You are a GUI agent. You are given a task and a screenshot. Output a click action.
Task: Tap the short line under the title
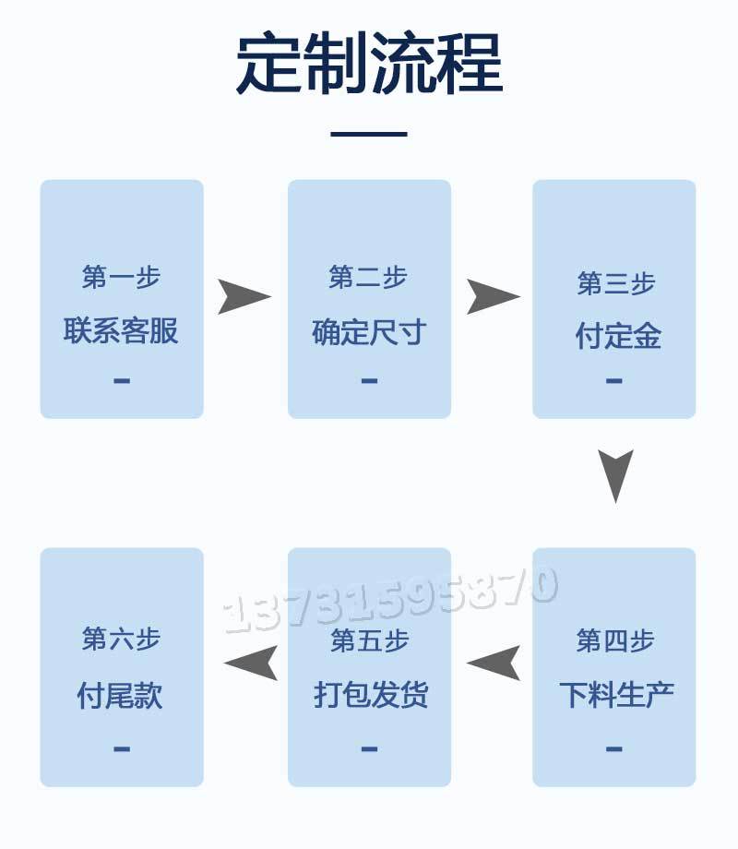click(x=369, y=135)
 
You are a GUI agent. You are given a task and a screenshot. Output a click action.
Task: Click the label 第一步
click(x=122, y=277)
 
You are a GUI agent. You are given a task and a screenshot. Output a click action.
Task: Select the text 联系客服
click(x=122, y=330)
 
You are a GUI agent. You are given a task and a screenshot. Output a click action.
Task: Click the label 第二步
click(x=369, y=277)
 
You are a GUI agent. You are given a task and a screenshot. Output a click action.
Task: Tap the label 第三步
click(x=615, y=283)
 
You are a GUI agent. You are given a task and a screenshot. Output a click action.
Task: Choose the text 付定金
click(x=615, y=336)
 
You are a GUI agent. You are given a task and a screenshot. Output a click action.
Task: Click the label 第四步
click(x=615, y=640)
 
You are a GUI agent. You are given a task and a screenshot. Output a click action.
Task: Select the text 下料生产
click(x=615, y=694)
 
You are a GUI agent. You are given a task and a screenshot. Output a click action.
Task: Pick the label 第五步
click(x=369, y=640)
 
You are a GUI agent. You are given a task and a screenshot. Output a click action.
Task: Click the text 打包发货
click(x=369, y=694)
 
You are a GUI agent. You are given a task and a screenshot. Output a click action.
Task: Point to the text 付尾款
click(x=122, y=695)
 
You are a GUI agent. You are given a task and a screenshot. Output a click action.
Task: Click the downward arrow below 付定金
click(x=615, y=474)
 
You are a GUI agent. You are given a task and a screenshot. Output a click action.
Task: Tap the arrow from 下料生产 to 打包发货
click(x=494, y=663)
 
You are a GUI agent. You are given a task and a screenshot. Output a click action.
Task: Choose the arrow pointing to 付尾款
click(x=251, y=663)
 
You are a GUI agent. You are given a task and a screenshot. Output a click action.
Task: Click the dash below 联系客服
click(x=122, y=380)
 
